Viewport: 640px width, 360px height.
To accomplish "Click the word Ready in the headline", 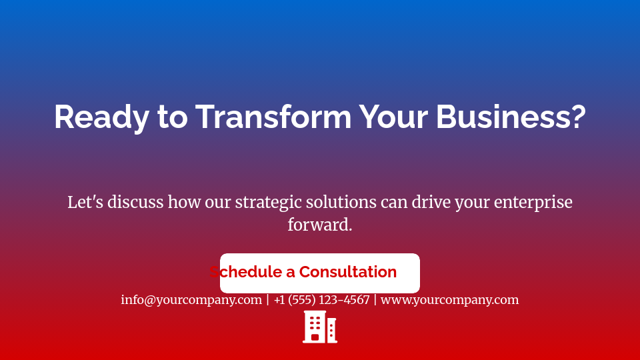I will click(x=102, y=117).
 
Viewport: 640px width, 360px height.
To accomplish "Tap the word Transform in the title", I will click(x=273, y=117).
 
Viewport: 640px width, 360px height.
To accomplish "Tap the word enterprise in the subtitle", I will click(x=533, y=202).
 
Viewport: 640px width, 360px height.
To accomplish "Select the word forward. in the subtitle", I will click(x=320, y=225).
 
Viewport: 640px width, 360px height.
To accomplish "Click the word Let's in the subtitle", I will click(x=85, y=202).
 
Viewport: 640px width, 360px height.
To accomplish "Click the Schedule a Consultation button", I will click(x=320, y=273).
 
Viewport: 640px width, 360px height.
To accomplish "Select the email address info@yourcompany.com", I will click(x=191, y=300).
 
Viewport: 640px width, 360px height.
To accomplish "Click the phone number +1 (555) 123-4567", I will click(x=321, y=300).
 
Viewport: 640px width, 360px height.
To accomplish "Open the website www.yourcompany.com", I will click(x=449, y=300).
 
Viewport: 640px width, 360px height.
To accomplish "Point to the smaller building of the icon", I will click(x=331, y=330).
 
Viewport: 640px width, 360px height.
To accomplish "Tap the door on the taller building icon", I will click(x=315, y=337).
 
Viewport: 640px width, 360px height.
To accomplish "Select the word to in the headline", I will click(x=172, y=117).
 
